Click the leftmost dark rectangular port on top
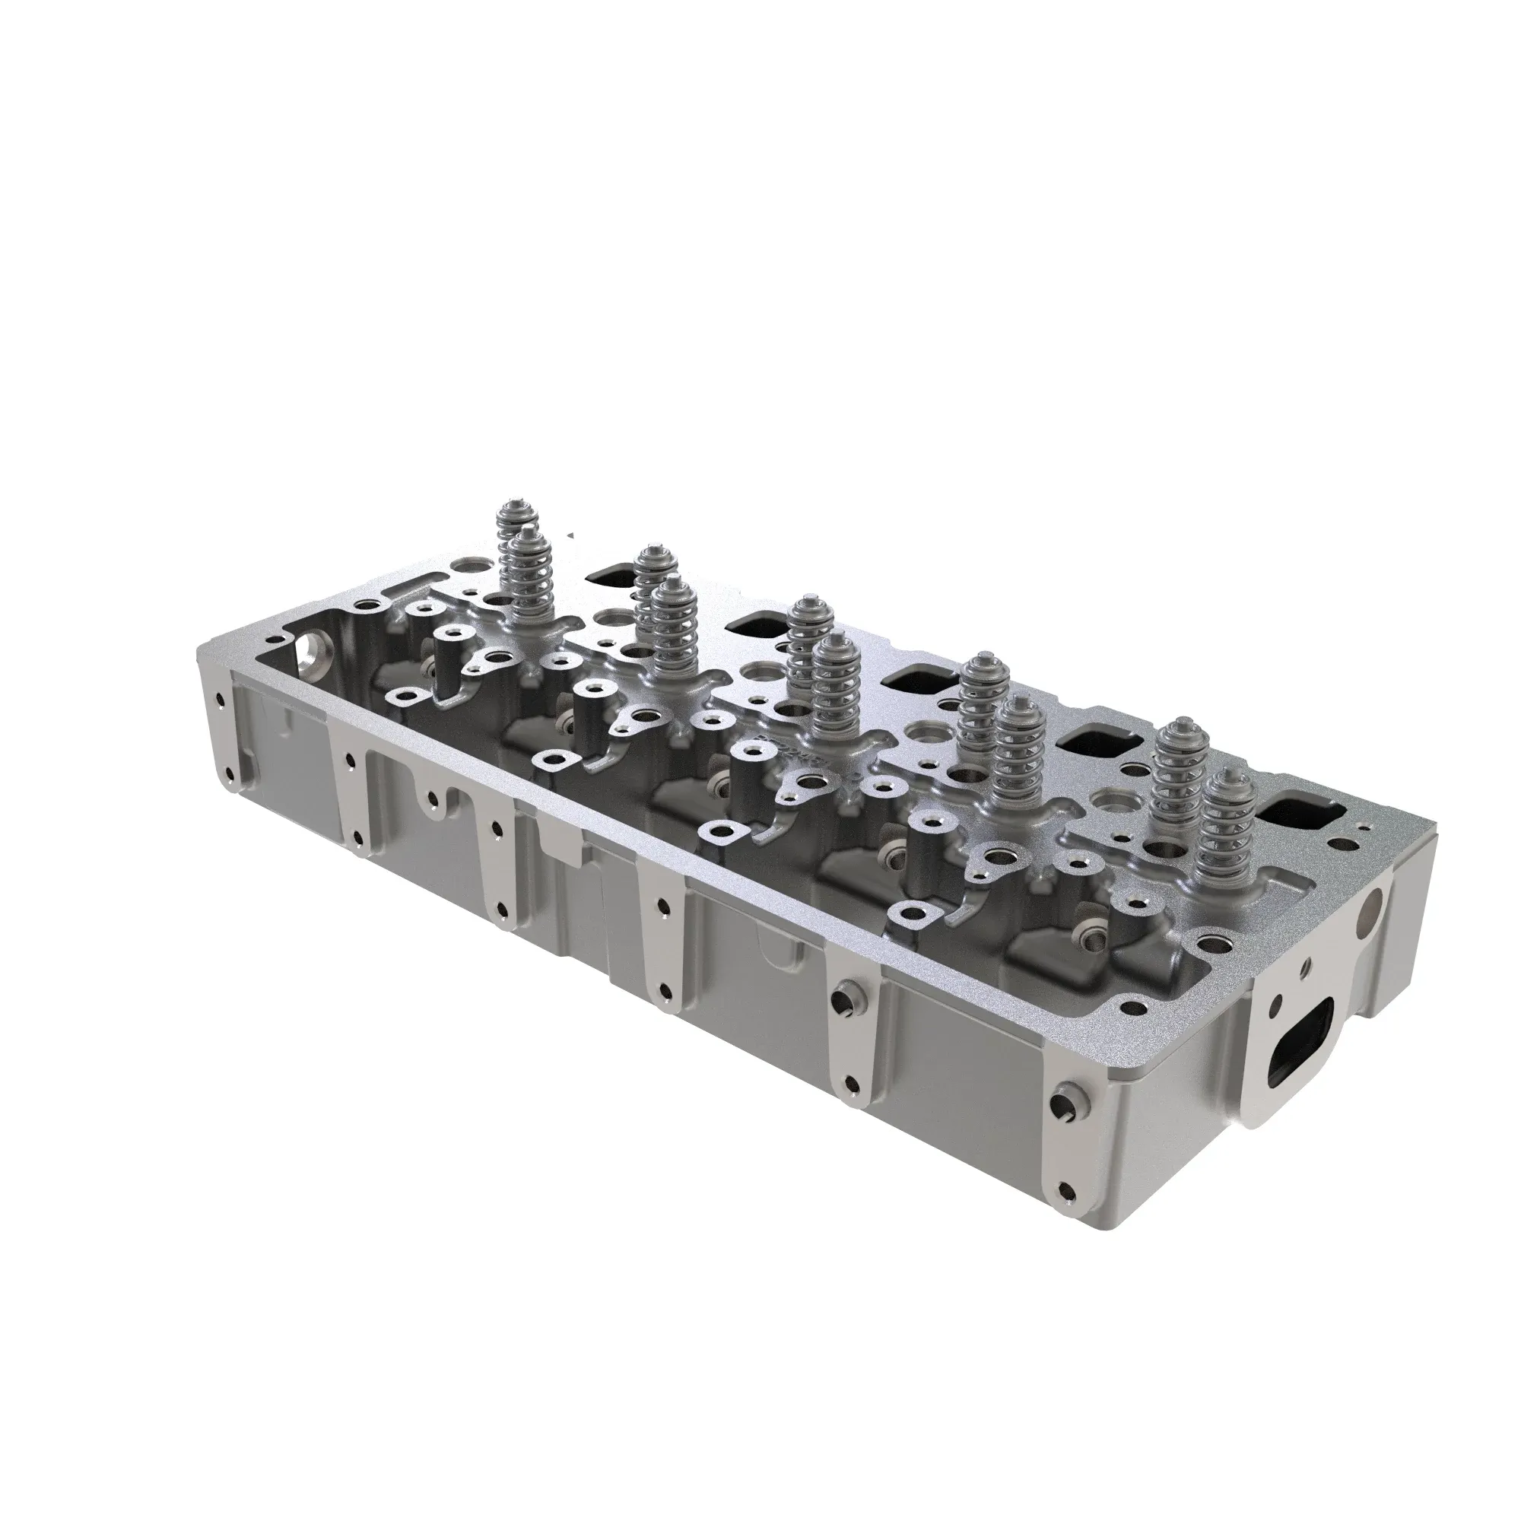610,577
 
